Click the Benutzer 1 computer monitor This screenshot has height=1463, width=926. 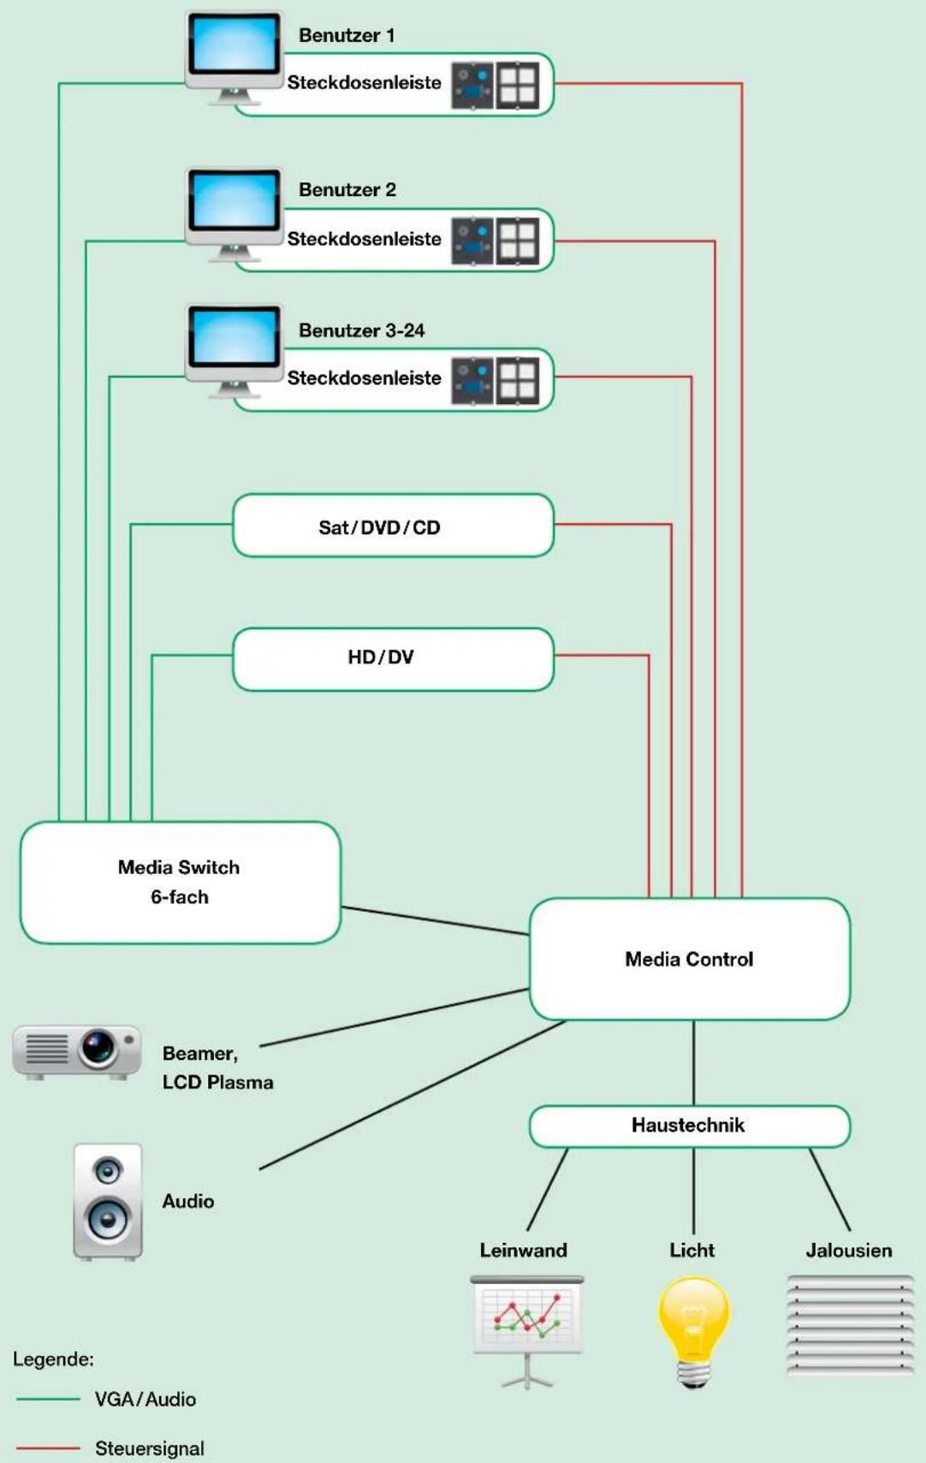(x=234, y=57)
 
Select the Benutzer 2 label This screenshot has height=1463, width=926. (x=347, y=190)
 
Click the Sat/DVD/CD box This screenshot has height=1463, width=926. (x=393, y=526)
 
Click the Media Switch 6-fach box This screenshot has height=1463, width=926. (x=181, y=883)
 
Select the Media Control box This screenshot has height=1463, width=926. (x=690, y=959)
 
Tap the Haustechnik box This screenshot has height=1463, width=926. (x=690, y=1126)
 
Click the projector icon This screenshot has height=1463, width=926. (x=76, y=1052)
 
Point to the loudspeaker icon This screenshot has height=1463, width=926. (x=108, y=1202)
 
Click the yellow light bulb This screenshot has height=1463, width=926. (x=693, y=1332)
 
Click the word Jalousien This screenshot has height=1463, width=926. (x=849, y=1250)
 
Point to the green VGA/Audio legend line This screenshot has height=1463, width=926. (x=48, y=1399)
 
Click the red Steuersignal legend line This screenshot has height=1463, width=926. (x=48, y=1448)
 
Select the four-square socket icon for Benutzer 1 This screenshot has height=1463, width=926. (x=518, y=85)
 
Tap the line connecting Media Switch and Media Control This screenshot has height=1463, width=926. (x=436, y=921)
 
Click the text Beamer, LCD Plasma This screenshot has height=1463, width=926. (x=217, y=1068)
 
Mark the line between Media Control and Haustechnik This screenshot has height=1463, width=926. (x=693, y=1062)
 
